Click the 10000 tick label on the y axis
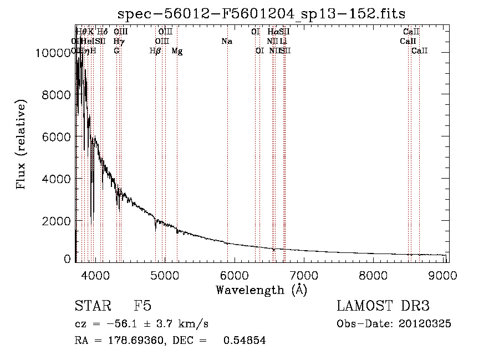pyautogui.click(x=53, y=53)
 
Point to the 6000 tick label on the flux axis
pyautogui.click(x=57, y=137)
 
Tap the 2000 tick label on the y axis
pyautogui.click(x=57, y=221)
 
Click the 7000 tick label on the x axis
pyautogui.click(x=303, y=275)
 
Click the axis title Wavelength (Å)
pyautogui.click(x=261, y=290)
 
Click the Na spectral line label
pyautogui.click(x=226, y=41)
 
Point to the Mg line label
pyautogui.click(x=177, y=51)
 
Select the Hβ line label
pyautogui.click(x=155, y=51)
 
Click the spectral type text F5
pyautogui.click(x=142, y=306)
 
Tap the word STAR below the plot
pyautogui.click(x=92, y=306)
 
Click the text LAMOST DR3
pyautogui.click(x=383, y=306)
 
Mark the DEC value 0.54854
pyautogui.click(x=245, y=341)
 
